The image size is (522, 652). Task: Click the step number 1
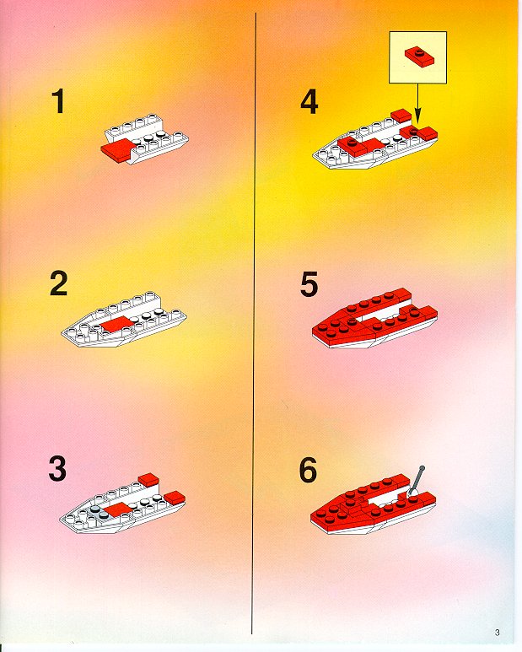tap(58, 102)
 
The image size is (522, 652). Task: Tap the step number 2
tap(58, 283)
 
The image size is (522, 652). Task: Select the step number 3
tap(57, 469)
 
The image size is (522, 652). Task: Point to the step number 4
tap(309, 102)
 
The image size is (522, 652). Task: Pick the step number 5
tap(309, 284)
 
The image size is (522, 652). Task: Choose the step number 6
tap(308, 470)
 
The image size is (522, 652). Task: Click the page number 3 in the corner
tap(497, 633)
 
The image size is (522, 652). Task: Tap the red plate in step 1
tap(118, 149)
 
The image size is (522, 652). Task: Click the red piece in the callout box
tap(420, 56)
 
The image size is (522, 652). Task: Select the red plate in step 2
tap(116, 324)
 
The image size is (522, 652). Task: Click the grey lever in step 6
tap(416, 481)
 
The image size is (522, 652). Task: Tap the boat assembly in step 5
tap(375, 318)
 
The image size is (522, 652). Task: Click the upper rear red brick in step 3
tap(149, 480)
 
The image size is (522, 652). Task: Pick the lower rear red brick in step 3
tap(175, 498)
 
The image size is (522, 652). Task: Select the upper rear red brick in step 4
tap(401, 116)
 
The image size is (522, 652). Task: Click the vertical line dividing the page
tap(254, 323)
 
